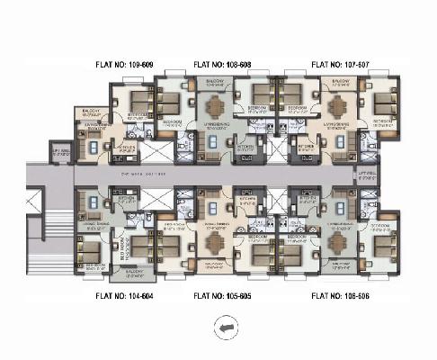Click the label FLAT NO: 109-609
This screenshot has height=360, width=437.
130,66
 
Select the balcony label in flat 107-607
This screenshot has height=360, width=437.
341,82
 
